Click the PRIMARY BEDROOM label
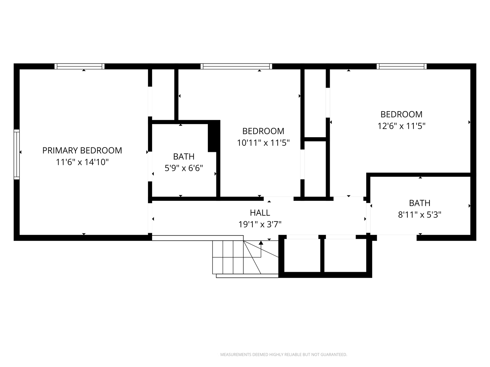click(x=82, y=151)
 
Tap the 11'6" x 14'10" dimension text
click(x=82, y=162)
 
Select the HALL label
click(x=260, y=213)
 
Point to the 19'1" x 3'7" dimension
click(x=260, y=224)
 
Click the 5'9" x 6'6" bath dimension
click(x=184, y=168)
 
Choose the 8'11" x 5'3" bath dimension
click(x=420, y=215)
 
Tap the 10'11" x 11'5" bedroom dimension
click(x=263, y=143)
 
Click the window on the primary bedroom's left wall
click(x=17, y=154)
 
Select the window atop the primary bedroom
click(x=80, y=66)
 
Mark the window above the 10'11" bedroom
click(x=236, y=66)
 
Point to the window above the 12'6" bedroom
click(x=402, y=66)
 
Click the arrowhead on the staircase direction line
click(x=261, y=243)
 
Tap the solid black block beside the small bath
click(x=214, y=136)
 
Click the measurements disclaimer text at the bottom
click(x=283, y=354)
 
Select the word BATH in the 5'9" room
click(x=184, y=157)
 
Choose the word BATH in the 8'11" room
click(x=420, y=203)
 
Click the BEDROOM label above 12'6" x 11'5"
click(x=402, y=114)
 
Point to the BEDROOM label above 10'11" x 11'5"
click(x=263, y=131)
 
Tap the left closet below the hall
click(x=302, y=255)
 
